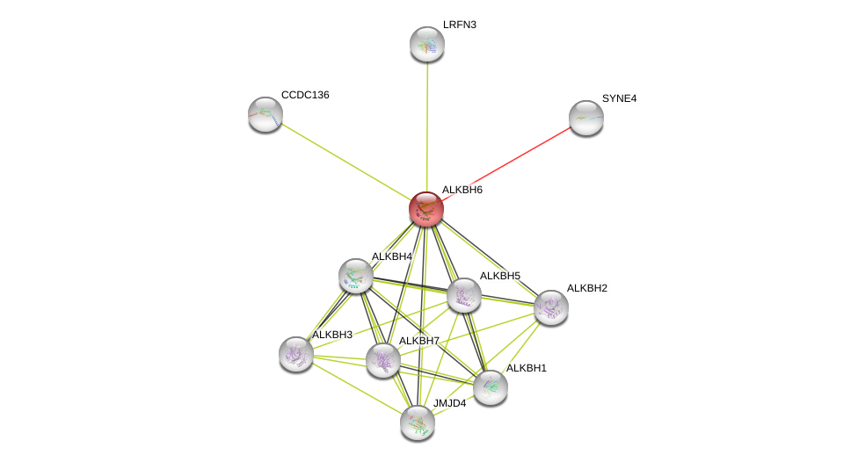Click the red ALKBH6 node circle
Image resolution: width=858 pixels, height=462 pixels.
[426, 209]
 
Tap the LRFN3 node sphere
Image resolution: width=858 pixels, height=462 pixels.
[427, 44]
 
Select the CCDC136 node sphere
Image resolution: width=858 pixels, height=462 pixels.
[265, 114]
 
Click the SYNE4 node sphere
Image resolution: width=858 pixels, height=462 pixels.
[585, 118]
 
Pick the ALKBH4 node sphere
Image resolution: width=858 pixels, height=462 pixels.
[356, 276]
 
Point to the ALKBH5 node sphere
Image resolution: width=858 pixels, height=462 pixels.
[464, 295]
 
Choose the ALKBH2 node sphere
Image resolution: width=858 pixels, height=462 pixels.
[551, 307]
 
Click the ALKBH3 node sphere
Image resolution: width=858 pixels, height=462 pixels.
[296, 354]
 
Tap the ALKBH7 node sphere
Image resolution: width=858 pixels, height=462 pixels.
[383, 360]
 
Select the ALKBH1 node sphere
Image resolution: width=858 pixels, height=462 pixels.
[491, 387]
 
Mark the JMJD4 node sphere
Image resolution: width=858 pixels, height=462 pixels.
[418, 422]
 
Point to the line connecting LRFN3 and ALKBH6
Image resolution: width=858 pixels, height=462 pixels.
[427, 123]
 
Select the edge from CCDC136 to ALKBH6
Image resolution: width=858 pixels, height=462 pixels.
[343, 160]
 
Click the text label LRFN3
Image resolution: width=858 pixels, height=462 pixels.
[460, 25]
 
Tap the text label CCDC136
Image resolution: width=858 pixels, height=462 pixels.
[305, 95]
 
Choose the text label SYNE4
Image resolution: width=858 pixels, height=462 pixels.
[619, 98]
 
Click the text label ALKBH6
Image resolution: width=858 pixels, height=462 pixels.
[462, 190]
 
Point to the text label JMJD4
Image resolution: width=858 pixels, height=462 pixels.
[449, 403]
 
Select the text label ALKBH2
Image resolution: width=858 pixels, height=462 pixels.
[586, 288]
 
